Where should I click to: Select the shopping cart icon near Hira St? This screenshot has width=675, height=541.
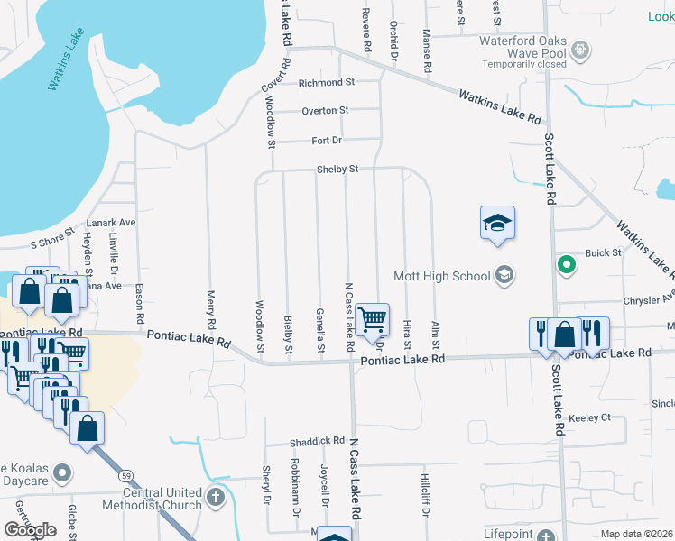pyautogui.click(x=372, y=319)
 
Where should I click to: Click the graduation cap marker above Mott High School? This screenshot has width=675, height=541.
pyautogui.click(x=497, y=223)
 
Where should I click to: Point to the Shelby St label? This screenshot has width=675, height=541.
pyautogui.click(x=337, y=169)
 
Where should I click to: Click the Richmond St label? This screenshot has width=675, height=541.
pyautogui.click(x=326, y=82)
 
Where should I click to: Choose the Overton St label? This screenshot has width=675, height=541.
pyautogui.click(x=325, y=111)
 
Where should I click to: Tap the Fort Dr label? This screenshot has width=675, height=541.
pyautogui.click(x=327, y=141)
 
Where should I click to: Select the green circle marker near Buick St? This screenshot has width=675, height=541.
pyautogui.click(x=566, y=265)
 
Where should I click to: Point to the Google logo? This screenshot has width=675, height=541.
pyautogui.click(x=30, y=530)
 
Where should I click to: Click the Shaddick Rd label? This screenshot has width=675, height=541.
pyautogui.click(x=317, y=442)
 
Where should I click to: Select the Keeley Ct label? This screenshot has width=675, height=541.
pyautogui.click(x=590, y=417)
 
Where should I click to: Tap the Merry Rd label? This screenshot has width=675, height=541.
pyautogui.click(x=211, y=307)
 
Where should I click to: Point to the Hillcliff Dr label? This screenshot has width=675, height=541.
pyautogui.click(x=424, y=495)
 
